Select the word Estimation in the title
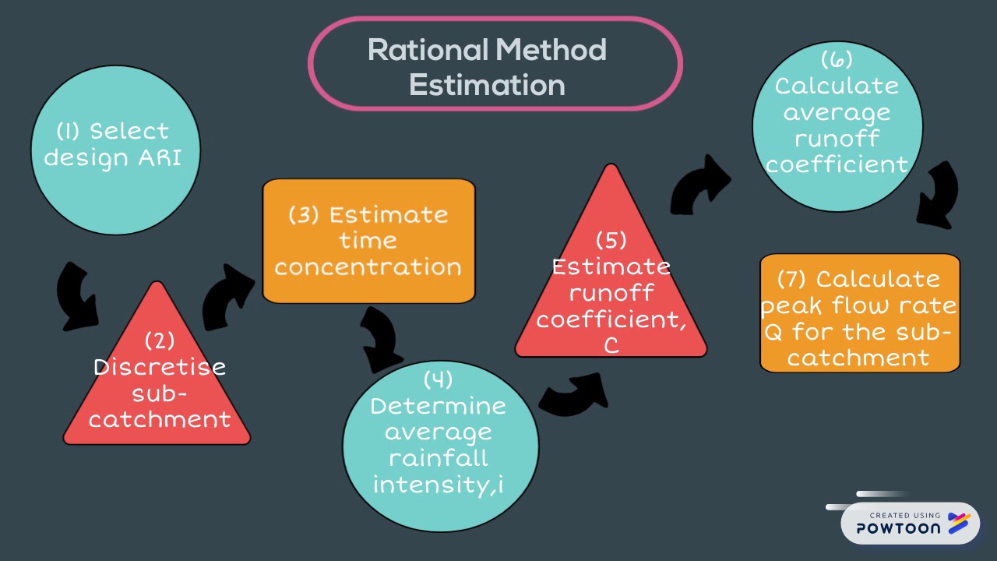[x=488, y=85]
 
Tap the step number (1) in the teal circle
[x=68, y=132]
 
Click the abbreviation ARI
[x=160, y=157]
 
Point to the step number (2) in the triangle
[x=160, y=341]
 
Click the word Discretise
[x=160, y=368]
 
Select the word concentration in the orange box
[x=368, y=267]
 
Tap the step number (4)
[x=438, y=379]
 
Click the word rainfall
[x=439, y=458]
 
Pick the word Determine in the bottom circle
[x=438, y=406]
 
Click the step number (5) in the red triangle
[x=611, y=241]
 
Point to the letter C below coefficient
[x=611, y=345]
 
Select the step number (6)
[x=837, y=60]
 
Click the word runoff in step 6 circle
[x=837, y=138]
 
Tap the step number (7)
[x=791, y=280]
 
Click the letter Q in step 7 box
[x=773, y=333]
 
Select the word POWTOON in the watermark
[x=899, y=528]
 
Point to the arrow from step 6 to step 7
[x=939, y=196]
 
